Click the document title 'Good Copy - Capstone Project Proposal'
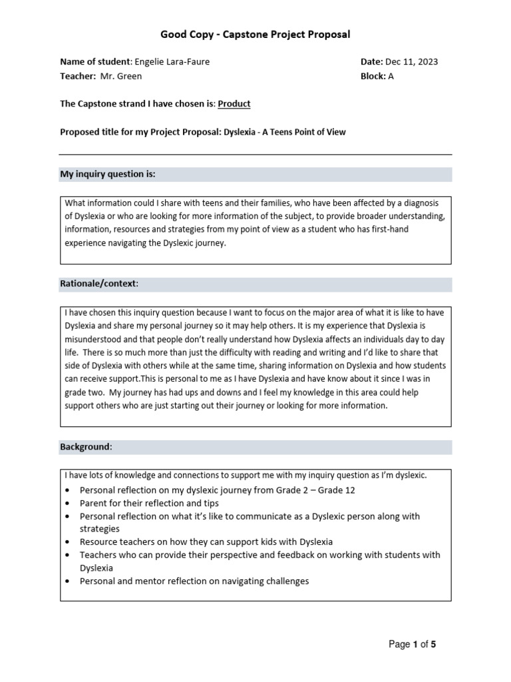coord(255,34)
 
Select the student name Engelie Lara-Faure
coord(172,62)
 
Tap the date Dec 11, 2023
coord(411,62)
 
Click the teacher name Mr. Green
coord(121,76)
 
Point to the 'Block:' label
coord(373,76)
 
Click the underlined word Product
coord(234,104)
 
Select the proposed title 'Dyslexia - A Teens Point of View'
coord(284,132)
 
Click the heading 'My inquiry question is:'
coord(108,174)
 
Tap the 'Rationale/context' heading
coord(99,284)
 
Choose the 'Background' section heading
coord(86,446)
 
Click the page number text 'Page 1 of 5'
coord(413,644)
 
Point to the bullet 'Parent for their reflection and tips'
coord(149,503)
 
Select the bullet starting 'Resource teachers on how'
coord(206,541)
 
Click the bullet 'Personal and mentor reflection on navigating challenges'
coord(194,581)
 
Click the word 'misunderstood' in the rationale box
coord(92,339)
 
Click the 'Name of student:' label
coord(96,62)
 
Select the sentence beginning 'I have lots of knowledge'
coord(246,476)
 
